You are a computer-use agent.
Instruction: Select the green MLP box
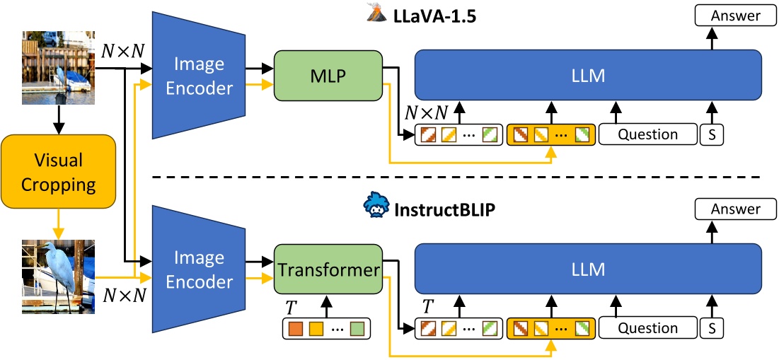point(327,77)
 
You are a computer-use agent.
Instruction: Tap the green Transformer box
point(327,270)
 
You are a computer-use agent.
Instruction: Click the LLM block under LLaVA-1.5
point(588,75)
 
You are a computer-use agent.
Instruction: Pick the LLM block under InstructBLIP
point(588,269)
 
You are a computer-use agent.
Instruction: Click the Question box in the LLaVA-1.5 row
point(647,134)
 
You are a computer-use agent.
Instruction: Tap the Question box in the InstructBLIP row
point(647,327)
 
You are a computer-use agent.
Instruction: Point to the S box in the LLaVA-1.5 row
point(712,134)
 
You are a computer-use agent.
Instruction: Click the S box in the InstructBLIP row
point(712,327)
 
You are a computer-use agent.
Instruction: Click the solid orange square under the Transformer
point(294,328)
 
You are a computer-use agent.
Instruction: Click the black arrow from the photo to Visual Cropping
point(58,120)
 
